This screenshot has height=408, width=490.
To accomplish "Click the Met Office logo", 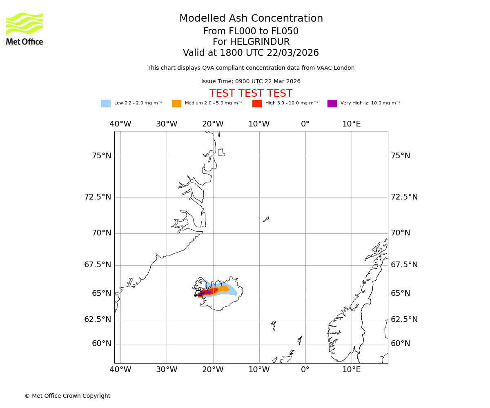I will click(24, 29).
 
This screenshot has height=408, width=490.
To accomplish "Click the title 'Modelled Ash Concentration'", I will click(251, 19).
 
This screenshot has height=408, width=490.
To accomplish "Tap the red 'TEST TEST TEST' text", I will click(251, 94).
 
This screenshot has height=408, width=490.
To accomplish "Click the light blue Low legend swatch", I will click(106, 104).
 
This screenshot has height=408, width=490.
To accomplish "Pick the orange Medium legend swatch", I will click(176, 104).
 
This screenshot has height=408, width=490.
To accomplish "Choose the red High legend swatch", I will click(257, 104).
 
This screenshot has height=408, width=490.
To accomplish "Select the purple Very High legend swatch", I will click(332, 104).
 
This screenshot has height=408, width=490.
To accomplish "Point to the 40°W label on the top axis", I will click(120, 124).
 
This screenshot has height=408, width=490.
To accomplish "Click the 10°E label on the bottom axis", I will click(352, 370).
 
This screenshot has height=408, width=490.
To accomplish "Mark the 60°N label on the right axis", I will click(401, 344).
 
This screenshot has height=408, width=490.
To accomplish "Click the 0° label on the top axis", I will click(305, 124).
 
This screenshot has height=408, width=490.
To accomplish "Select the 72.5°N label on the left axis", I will click(98, 197).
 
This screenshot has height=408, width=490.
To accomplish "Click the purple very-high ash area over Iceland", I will click(207, 292).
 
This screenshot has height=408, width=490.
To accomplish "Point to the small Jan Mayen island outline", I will click(266, 219).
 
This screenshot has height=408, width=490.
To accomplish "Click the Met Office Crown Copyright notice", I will click(67, 396).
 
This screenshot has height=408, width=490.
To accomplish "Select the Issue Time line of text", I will click(251, 82).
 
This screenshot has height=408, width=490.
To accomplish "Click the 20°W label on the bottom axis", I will click(213, 370).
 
